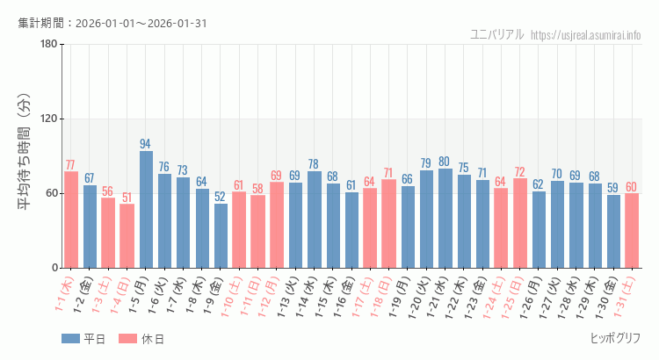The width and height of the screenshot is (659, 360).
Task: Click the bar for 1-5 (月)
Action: click(146, 209)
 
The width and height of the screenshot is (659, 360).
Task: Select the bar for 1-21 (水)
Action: click(445, 218)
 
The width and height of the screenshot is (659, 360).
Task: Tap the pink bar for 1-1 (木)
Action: click(71, 220)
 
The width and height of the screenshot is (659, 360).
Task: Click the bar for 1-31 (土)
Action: click(632, 230)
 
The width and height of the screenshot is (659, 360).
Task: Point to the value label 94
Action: click(146, 144)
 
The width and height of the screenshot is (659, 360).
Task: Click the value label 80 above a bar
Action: click(445, 162)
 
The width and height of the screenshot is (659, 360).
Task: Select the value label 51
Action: click(127, 198)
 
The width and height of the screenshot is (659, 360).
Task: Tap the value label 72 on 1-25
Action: click(519, 171)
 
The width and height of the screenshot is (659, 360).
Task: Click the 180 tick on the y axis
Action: click(48, 45)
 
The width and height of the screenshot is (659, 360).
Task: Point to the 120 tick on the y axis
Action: click(48, 119)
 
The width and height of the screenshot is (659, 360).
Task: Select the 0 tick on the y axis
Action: click(54, 268)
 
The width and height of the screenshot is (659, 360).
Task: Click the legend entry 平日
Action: click(83, 339)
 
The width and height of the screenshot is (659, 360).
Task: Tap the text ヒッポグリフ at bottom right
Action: click(615, 338)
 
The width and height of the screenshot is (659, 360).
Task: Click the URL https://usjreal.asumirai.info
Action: click(587, 35)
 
